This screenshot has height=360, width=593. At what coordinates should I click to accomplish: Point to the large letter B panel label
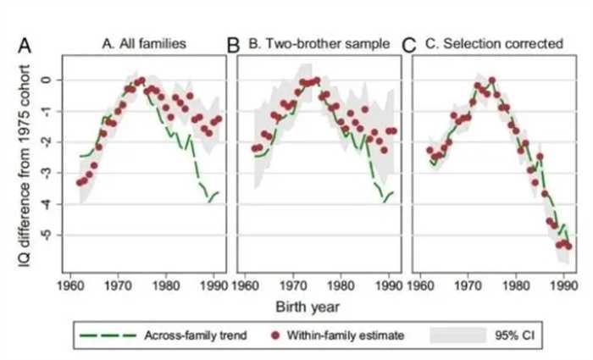pyautogui.click(x=235, y=44)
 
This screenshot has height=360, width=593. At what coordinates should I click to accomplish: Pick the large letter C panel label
pyautogui.click(x=407, y=44)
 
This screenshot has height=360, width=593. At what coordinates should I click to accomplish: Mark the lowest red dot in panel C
pyautogui.click(x=568, y=246)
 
